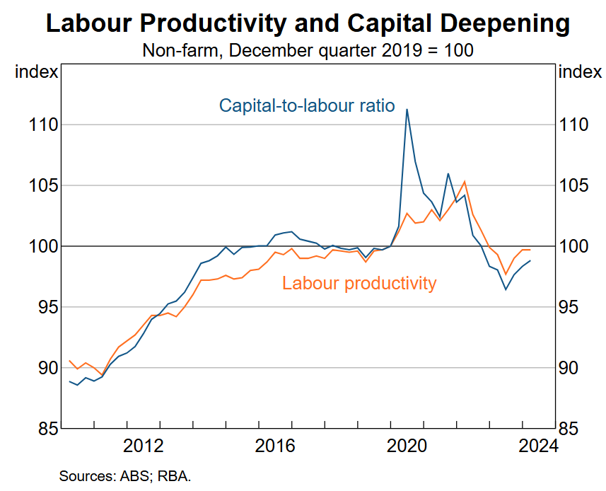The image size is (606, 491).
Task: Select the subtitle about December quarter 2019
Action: [x=307, y=51]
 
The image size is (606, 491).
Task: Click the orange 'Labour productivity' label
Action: [x=359, y=284]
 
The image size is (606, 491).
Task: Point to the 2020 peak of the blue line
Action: [x=407, y=109]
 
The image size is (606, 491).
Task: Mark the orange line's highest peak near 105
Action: [x=465, y=182]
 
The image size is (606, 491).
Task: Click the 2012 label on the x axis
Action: [x=144, y=446]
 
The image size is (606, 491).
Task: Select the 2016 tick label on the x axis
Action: [x=276, y=446]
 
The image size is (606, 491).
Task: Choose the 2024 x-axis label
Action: [x=538, y=446]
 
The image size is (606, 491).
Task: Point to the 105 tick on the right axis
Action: [x=574, y=185]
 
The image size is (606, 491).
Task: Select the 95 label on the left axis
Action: [x=39, y=307]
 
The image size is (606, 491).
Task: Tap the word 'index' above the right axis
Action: [x=580, y=71]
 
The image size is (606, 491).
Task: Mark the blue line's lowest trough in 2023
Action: [x=506, y=289]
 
